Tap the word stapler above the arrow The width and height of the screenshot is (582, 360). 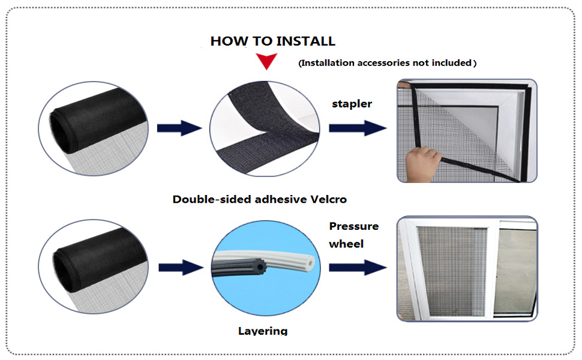tap(352, 104)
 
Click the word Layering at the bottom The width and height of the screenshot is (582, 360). tap(263, 331)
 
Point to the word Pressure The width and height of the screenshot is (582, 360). tap(354, 226)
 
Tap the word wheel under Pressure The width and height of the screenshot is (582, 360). tap(346, 244)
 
